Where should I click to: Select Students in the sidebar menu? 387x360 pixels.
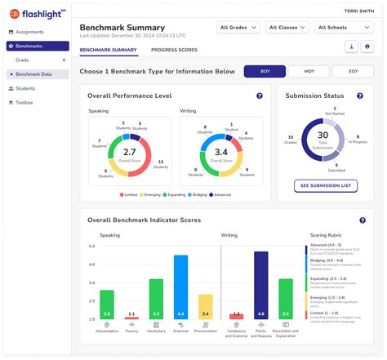(x=25, y=88)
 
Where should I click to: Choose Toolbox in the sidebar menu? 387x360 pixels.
(x=24, y=102)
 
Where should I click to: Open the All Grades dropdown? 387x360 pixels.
(x=238, y=28)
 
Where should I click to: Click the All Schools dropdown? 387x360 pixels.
(x=336, y=28)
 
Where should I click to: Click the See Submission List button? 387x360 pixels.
(x=326, y=186)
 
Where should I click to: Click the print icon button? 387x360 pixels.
(x=366, y=47)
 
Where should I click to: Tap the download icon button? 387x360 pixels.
(x=351, y=47)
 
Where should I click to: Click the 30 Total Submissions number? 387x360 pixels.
(x=323, y=135)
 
